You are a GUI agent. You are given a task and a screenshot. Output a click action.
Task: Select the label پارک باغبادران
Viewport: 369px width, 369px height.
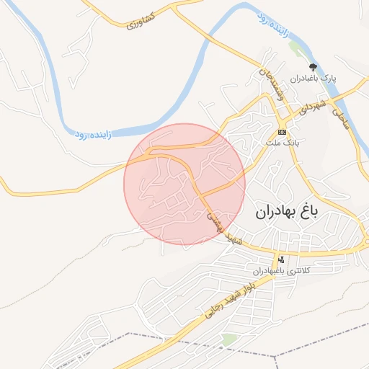314,77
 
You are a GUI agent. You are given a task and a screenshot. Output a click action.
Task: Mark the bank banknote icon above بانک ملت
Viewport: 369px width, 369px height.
281,132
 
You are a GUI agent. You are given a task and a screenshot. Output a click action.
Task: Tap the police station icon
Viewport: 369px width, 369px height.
280,259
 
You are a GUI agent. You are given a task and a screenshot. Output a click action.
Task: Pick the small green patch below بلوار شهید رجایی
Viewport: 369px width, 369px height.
229,339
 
